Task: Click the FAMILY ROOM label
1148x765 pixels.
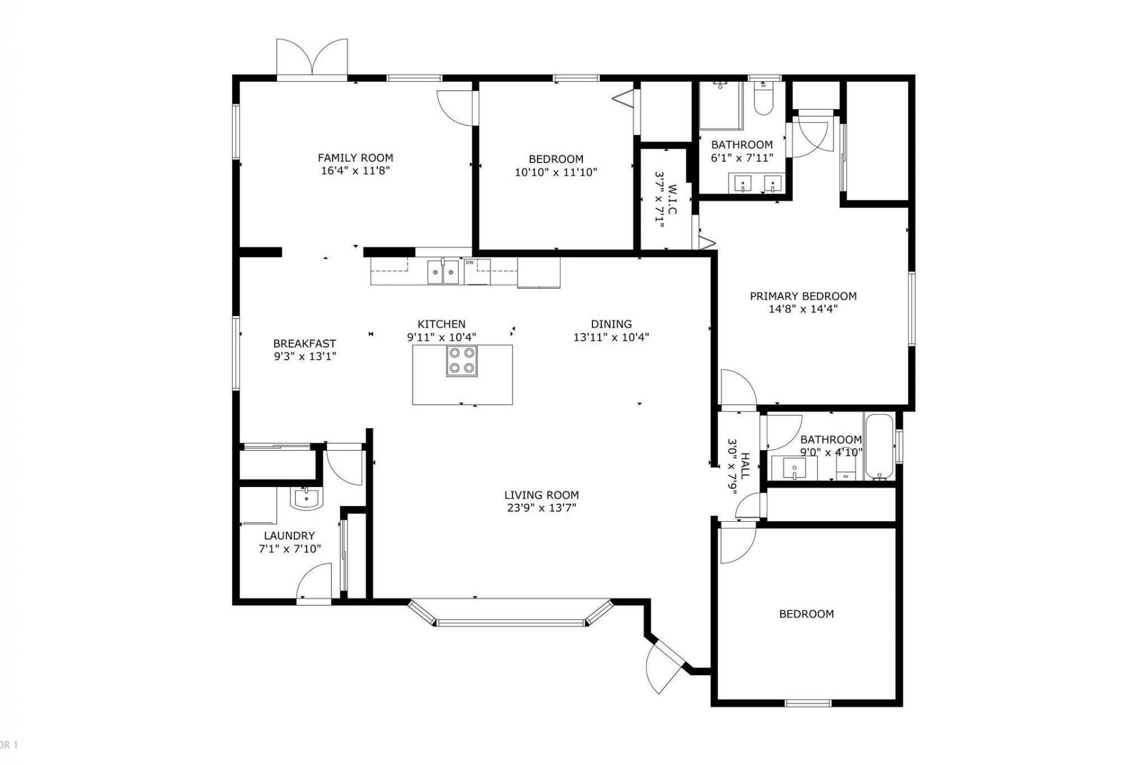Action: pyautogui.click(x=355, y=158)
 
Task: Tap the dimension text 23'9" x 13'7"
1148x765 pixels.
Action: pyautogui.click(x=541, y=508)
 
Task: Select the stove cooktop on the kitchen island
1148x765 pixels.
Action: pyautogui.click(x=462, y=361)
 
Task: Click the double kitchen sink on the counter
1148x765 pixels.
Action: pyautogui.click(x=443, y=273)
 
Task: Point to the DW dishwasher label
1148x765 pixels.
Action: pyautogui.click(x=470, y=262)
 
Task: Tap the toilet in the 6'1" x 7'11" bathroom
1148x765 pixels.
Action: pyautogui.click(x=763, y=102)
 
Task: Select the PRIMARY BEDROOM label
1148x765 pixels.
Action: pyautogui.click(x=803, y=296)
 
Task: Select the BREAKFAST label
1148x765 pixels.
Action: pyautogui.click(x=304, y=344)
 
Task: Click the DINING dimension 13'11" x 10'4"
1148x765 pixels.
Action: pyautogui.click(x=611, y=337)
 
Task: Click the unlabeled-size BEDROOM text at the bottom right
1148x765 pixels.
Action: pyautogui.click(x=806, y=614)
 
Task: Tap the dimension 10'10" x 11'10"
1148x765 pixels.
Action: pyautogui.click(x=556, y=172)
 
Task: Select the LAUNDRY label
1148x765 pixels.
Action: pyautogui.click(x=289, y=535)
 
